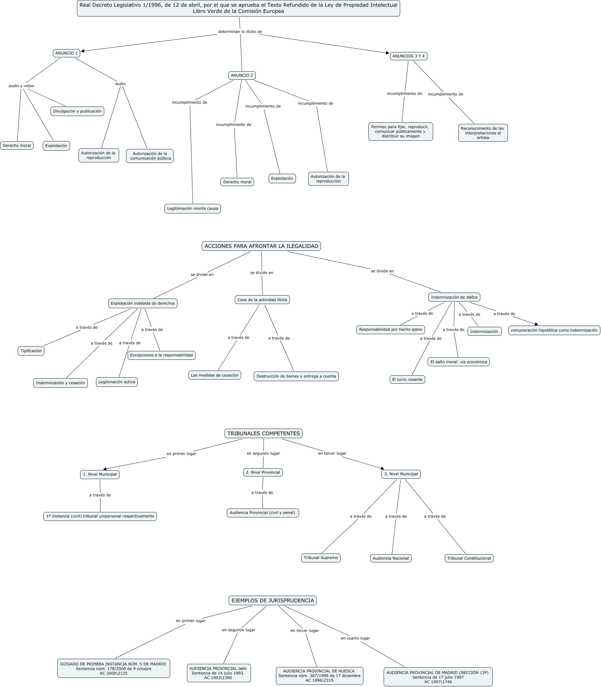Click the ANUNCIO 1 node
click(67, 53)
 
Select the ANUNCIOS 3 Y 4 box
click(408, 56)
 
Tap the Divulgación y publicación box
click(77, 111)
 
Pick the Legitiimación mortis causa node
click(193, 208)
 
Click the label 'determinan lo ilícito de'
click(240, 32)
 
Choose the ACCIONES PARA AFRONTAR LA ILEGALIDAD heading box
click(261, 246)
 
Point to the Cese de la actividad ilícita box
click(262, 300)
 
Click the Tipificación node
click(31, 351)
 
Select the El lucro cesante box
click(407, 379)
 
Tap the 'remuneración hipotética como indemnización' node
click(554, 330)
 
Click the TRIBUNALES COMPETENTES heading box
click(264, 433)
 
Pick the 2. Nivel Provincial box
click(263, 472)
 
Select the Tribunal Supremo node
click(321, 558)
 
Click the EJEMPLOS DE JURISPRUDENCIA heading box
click(273, 600)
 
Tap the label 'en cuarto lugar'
click(355, 638)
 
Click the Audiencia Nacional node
click(391, 558)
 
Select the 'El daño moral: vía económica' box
click(458, 362)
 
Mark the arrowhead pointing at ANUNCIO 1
click(83, 51)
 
